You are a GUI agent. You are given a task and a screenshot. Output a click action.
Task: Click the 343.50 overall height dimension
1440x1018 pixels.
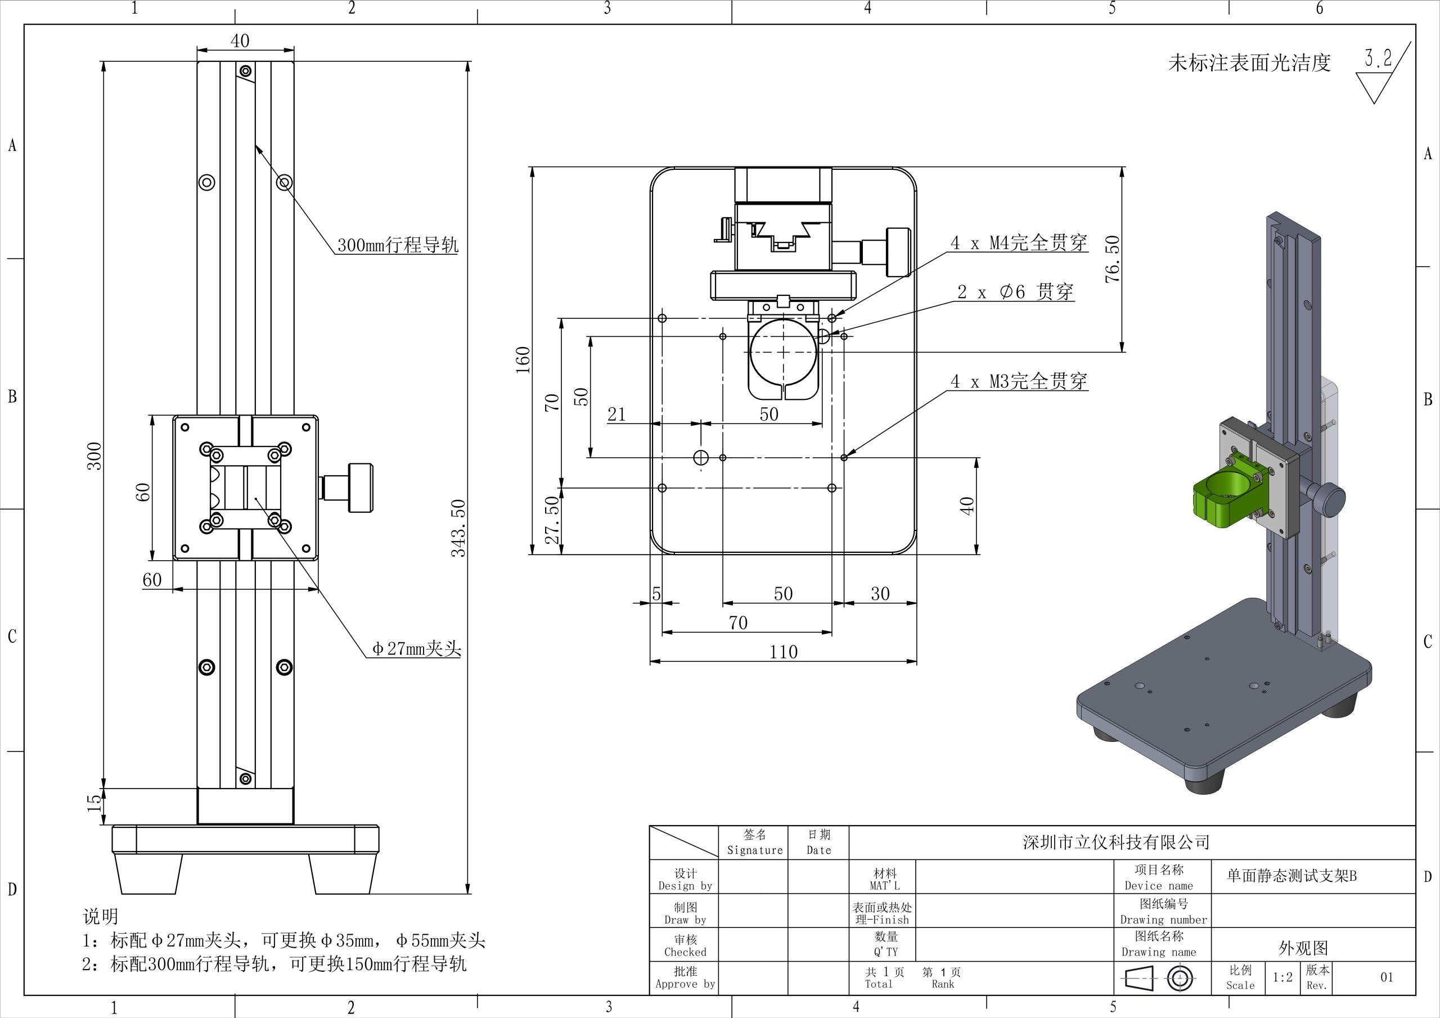(458, 528)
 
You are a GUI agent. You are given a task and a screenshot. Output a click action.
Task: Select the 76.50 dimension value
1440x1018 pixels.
(1111, 258)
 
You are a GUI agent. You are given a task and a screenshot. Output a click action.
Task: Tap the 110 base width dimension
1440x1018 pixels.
(784, 652)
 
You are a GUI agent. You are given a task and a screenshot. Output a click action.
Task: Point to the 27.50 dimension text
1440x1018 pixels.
(551, 520)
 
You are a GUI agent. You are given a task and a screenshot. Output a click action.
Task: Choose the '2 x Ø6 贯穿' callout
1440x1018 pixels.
(1015, 292)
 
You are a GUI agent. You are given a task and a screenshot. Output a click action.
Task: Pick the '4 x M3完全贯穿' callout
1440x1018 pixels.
(1019, 381)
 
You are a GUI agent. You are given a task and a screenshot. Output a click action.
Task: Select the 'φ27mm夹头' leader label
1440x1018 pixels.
(416, 648)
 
